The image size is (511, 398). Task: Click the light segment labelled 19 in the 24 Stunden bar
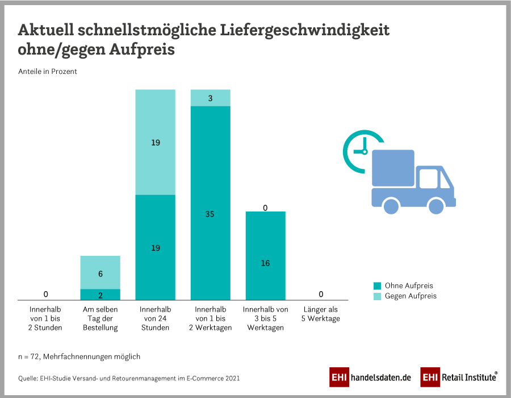(155, 142)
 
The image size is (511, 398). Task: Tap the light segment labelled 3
(210, 98)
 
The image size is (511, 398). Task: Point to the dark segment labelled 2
(100, 295)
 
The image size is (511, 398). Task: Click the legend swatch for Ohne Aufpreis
(377, 285)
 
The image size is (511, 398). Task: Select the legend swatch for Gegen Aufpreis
(377, 296)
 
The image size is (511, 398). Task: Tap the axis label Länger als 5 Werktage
(321, 314)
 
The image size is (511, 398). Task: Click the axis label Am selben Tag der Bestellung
(100, 318)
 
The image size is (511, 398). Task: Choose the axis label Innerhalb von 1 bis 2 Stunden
(45, 318)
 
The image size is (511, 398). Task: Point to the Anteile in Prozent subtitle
(48, 72)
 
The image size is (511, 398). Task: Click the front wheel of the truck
(436, 205)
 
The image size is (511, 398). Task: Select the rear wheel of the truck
(392, 205)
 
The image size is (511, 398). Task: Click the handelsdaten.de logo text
(380, 377)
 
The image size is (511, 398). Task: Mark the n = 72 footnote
(79, 356)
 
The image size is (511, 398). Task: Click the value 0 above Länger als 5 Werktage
(321, 294)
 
